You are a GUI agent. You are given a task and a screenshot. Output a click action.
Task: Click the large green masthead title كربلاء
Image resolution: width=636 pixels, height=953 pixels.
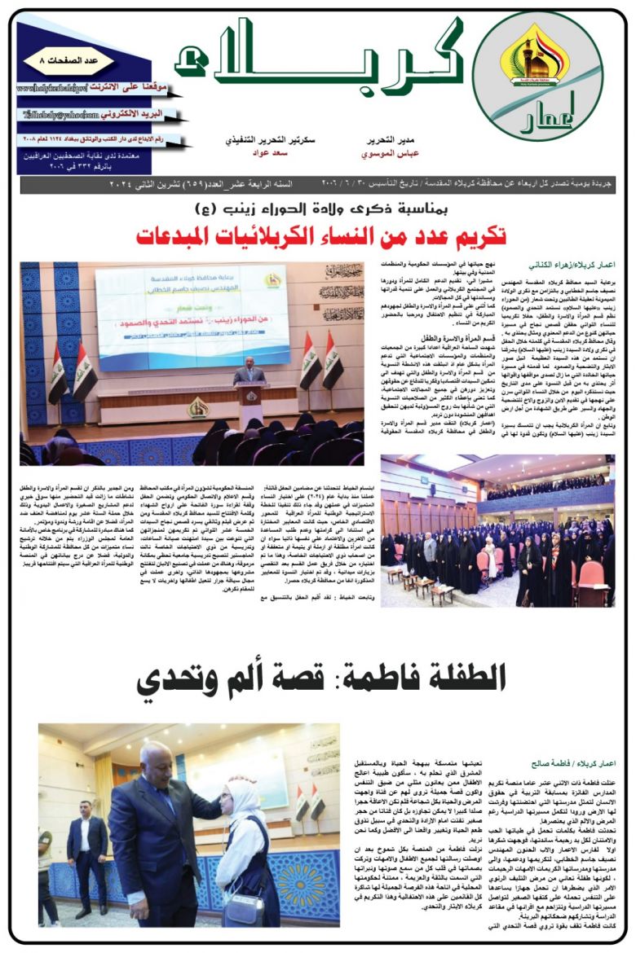pos(326,59)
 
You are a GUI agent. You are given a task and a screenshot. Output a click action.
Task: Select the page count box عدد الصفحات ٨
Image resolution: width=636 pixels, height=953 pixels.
pos(49,62)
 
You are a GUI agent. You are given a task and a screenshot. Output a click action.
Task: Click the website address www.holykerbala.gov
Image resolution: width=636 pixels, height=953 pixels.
pos(57,86)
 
